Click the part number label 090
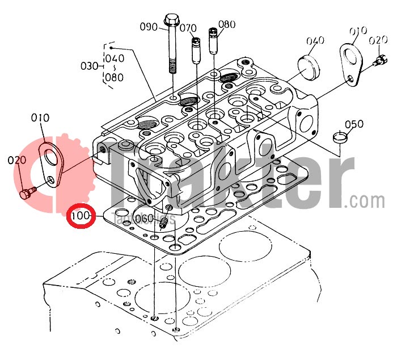(x=149, y=27)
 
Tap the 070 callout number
(x=188, y=27)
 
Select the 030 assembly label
(x=90, y=66)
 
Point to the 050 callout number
(x=354, y=124)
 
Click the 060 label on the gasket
(x=144, y=219)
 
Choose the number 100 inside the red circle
(x=81, y=216)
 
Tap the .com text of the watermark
(x=367, y=201)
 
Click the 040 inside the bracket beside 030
(x=115, y=58)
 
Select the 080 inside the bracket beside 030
(x=114, y=77)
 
